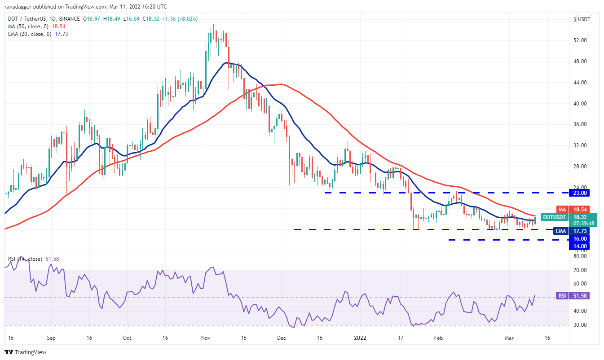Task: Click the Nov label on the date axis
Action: [206, 338]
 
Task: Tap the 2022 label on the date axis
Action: [360, 338]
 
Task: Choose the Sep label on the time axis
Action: [51, 338]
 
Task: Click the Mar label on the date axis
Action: [508, 338]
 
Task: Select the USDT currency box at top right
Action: [584, 19]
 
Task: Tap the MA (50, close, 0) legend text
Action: [29, 26]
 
